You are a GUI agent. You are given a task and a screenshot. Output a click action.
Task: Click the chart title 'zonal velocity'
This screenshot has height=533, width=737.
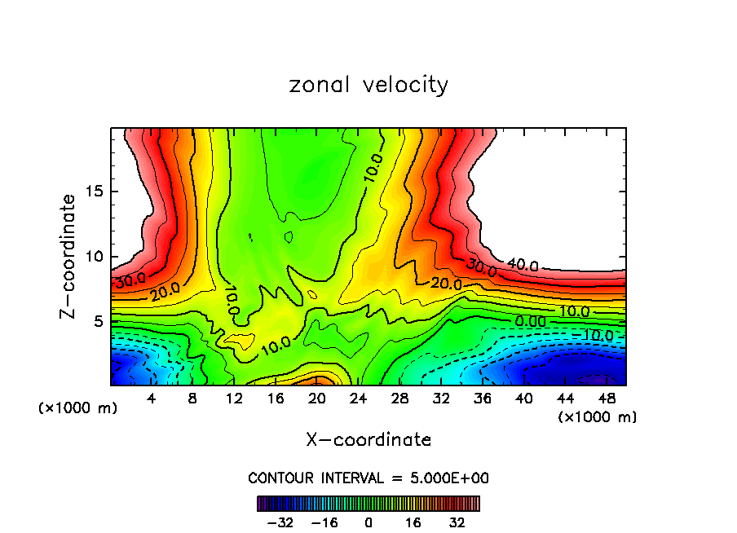click(x=368, y=85)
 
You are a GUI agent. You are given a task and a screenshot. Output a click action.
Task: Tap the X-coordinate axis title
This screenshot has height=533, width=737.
click(x=368, y=439)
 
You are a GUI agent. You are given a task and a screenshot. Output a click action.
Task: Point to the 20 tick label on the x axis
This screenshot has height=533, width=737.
click(x=317, y=399)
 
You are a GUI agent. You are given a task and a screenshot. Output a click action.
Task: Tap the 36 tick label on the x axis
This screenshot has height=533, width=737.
click(x=482, y=399)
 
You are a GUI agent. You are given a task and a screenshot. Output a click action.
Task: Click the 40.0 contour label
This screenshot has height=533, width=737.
click(x=523, y=265)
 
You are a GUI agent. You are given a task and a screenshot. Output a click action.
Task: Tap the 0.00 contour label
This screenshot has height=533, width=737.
click(x=531, y=321)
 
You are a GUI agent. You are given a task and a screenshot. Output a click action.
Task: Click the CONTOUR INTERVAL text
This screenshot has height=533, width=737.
click(x=368, y=478)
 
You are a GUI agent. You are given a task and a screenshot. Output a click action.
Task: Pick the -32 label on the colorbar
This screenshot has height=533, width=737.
click(x=280, y=522)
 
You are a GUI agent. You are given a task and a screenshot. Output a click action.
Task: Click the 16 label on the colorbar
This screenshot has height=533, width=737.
click(x=413, y=522)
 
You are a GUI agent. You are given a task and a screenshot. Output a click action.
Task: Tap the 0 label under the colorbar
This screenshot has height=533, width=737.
click(x=368, y=522)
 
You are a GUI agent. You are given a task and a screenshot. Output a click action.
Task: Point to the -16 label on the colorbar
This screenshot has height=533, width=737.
click(x=324, y=522)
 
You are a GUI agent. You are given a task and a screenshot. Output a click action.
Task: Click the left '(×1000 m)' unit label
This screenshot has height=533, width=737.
click(x=78, y=407)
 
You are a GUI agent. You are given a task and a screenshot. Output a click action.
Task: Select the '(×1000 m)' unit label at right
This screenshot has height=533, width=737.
click(x=598, y=416)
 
